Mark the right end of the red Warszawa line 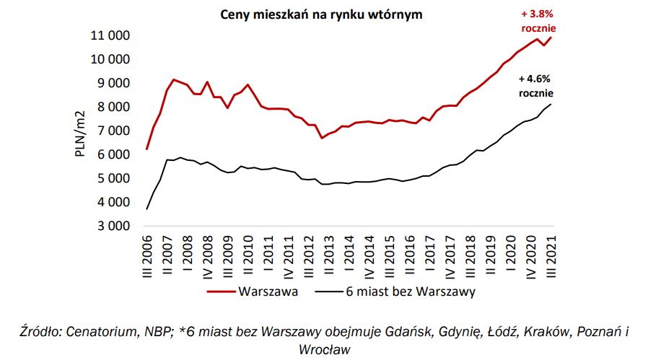coord(552,38)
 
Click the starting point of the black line coord(147,209)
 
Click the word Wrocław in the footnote coord(324,350)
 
